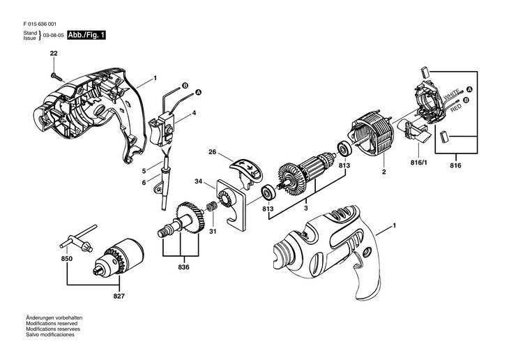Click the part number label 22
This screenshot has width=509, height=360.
tap(54, 53)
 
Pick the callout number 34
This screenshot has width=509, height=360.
tap(199, 182)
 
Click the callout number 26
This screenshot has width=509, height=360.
tap(212, 152)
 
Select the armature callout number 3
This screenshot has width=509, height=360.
tap(305, 207)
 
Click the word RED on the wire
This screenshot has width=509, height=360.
tap(456, 109)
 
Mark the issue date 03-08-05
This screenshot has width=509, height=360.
tap(51, 34)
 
